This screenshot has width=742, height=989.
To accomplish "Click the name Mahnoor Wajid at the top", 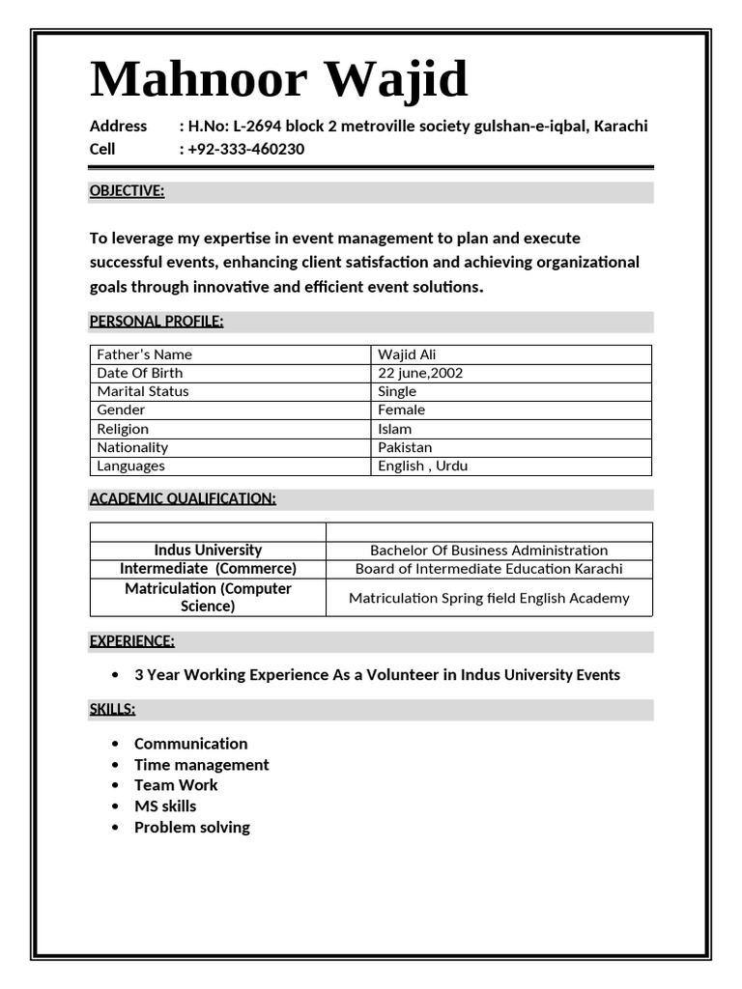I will pyautogui.click(x=278, y=79).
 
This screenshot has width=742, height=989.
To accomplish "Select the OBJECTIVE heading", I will pyautogui.click(x=127, y=191).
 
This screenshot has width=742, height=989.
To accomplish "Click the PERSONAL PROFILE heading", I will pyautogui.click(x=157, y=321).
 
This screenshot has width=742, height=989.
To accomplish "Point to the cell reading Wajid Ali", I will pyautogui.click(x=407, y=354).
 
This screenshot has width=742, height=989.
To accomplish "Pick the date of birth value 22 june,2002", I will pyautogui.click(x=420, y=373).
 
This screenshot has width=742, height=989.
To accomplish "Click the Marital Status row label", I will pyautogui.click(x=143, y=391).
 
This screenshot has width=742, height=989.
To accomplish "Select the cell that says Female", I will pyautogui.click(x=401, y=410).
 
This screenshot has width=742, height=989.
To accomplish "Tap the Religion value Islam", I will pyautogui.click(x=394, y=429).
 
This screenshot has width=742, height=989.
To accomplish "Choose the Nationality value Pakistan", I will pyautogui.click(x=405, y=447).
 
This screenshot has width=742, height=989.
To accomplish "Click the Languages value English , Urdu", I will pyautogui.click(x=422, y=466).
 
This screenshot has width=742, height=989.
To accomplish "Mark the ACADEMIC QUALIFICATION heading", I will pyautogui.click(x=183, y=498).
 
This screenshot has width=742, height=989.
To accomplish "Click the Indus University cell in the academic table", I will pyautogui.click(x=208, y=550).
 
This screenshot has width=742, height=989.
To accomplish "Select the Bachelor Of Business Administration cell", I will pyautogui.click(x=489, y=551).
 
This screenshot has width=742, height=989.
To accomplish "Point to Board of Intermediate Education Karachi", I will pyautogui.click(x=489, y=569).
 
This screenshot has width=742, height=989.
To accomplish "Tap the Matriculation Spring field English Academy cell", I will pyautogui.click(x=489, y=598).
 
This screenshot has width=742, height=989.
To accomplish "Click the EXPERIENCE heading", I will pyautogui.click(x=132, y=640).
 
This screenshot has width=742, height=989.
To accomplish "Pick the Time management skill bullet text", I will pyautogui.click(x=201, y=765).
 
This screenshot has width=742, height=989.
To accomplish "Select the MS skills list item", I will pyautogui.click(x=165, y=806).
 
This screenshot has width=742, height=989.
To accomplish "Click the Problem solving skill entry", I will pyautogui.click(x=191, y=828).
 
